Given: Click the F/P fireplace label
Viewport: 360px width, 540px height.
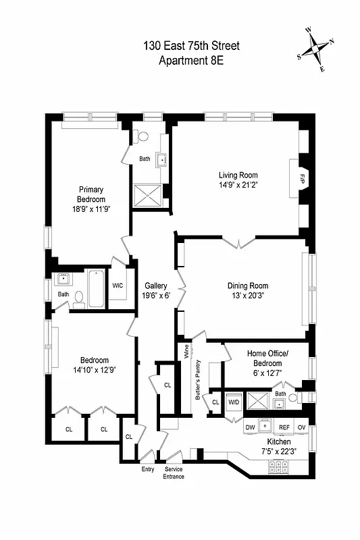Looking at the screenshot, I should [293, 178].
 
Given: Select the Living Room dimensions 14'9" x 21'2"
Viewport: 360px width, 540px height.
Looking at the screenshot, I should [238, 184].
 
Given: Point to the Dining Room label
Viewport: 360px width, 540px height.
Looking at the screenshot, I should [247, 286].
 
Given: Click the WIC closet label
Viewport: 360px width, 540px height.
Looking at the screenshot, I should [118, 286].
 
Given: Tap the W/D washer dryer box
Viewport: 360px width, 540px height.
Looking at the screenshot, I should [234, 402].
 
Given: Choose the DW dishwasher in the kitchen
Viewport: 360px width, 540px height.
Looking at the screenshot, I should [249, 427].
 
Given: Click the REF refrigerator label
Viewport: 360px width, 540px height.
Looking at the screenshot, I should [284, 427].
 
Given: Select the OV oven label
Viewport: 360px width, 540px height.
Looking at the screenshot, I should [301, 427].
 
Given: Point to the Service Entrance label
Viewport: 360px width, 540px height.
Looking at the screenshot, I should [174, 473].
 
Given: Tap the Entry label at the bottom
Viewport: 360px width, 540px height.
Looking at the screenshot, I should [148, 468].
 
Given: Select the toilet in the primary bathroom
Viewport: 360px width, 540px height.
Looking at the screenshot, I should [141, 136].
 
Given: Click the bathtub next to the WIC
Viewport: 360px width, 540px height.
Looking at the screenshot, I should [96, 288].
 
